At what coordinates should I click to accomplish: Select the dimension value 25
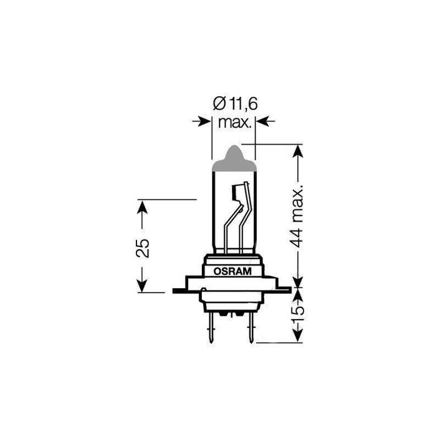pyautogui.click(x=142, y=248)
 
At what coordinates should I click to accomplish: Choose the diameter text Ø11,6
pyautogui.click(x=234, y=103)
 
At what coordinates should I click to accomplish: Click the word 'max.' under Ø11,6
pyautogui.click(x=234, y=122)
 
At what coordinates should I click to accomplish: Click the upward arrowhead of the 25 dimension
pyautogui.click(x=142, y=207)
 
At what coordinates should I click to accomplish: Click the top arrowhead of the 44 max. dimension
pyautogui.click(x=298, y=151)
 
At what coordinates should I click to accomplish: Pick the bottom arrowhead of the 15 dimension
pyautogui.click(x=298, y=337)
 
